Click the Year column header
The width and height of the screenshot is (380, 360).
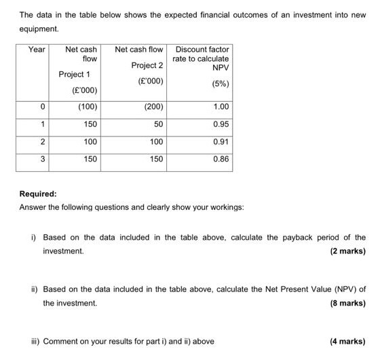coord(37,50)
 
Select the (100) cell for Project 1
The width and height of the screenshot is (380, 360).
coord(88,107)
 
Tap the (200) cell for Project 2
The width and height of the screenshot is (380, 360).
coord(153,107)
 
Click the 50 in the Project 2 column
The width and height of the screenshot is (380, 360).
coord(159,124)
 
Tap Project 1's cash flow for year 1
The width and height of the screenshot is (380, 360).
coord(90,124)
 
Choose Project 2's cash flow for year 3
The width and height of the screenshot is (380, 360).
coord(156,159)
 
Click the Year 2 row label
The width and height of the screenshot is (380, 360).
coord(42,142)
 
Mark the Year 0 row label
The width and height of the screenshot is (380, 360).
coord(42,107)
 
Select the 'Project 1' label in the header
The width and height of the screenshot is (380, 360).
coord(75,74)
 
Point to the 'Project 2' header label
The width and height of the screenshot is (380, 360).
coord(147,65)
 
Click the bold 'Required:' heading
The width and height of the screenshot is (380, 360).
coord(38,194)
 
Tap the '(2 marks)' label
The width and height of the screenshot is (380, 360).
coord(347,251)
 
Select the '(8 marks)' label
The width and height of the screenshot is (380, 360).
coord(347,303)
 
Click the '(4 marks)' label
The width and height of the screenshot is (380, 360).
coord(347,342)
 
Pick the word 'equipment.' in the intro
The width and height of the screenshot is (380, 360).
coord(39,29)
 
